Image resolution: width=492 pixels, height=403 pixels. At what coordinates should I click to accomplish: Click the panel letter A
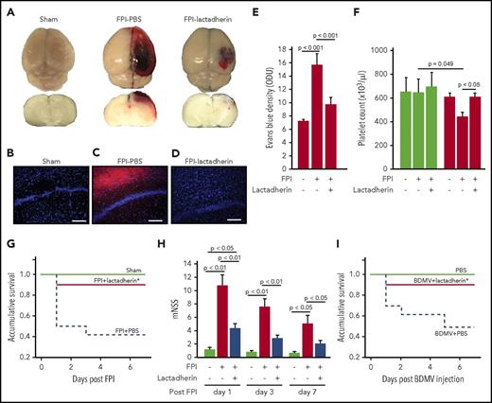tap(8, 8)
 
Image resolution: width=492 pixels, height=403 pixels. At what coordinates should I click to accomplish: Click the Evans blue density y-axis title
tap(275, 90)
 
